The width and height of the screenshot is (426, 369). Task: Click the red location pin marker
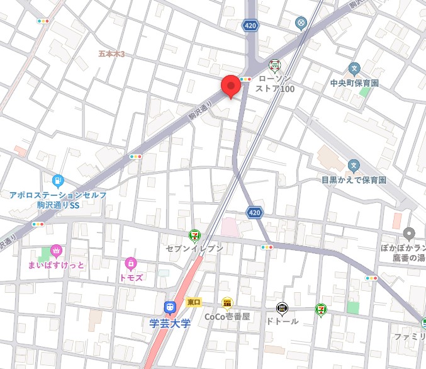point(230,86)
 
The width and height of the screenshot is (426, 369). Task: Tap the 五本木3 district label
point(112,54)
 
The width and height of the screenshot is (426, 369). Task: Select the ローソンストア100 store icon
point(274,65)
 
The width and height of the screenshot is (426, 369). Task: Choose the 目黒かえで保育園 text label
point(354,180)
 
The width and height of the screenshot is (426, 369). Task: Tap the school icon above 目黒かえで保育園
point(354,166)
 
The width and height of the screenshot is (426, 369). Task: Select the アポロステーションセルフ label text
point(58,195)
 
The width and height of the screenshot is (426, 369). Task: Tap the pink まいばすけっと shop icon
point(56,251)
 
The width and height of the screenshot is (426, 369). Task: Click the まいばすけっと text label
point(56,264)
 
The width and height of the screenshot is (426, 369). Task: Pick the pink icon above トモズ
point(131,263)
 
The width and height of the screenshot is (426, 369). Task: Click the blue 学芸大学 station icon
point(169,307)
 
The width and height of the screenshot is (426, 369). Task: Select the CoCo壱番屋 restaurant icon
point(227,304)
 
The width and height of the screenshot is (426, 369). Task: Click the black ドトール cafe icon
point(282,308)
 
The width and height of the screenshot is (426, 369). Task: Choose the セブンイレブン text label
point(194,249)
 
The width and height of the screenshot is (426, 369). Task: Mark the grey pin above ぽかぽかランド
point(410,234)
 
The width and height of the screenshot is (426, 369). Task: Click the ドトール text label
point(282,321)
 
